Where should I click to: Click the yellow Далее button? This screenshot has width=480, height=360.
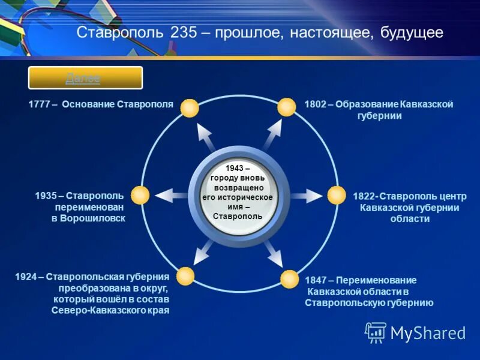click(85, 78)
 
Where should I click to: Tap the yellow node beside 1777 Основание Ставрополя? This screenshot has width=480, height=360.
click(189, 108)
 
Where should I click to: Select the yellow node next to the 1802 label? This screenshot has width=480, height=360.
click(287, 107)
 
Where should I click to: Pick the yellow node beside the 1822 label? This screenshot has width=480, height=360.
click(336, 195)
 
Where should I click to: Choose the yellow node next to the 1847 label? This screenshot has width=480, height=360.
click(289, 278)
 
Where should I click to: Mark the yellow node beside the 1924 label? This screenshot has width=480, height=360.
click(185, 276)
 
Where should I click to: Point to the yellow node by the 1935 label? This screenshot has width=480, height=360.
click(140, 195)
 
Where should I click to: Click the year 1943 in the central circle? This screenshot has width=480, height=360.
click(235, 169)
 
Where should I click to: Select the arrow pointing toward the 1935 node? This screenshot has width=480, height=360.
click(170, 195)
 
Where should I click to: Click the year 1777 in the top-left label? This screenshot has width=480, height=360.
click(40, 104)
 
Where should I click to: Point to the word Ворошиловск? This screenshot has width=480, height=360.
click(88, 218)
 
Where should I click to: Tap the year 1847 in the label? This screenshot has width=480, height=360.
click(316, 280)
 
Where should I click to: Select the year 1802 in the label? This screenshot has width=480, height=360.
click(315, 104)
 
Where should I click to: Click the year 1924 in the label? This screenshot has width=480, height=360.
click(27, 277)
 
